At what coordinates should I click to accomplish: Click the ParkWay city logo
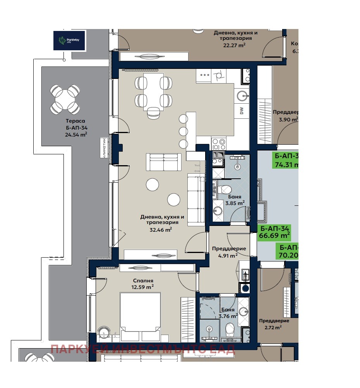pos(69,40)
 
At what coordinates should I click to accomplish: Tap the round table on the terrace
pos(65,100)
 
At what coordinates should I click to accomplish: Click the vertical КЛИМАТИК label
pos(104,148)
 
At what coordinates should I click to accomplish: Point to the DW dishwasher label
pos(242,111)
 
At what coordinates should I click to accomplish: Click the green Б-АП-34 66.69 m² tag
pos(274,232)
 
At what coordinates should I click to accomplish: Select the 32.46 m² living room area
pos(159,230)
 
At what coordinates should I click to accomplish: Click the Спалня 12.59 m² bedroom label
pos(142,284)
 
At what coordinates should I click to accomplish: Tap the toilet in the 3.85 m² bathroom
pos(224,190)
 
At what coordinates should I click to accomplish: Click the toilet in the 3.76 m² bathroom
pos(230,330)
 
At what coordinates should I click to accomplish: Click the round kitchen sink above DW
pos(242,94)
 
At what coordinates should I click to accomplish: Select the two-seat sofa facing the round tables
pos(163,162)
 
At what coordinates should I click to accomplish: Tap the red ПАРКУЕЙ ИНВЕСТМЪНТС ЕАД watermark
pos(142,349)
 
